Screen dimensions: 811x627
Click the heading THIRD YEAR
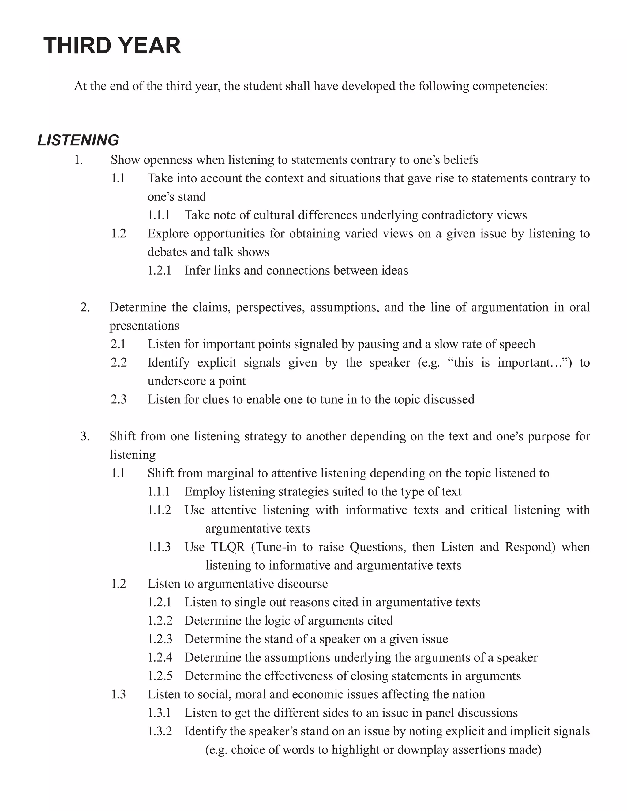[112, 46]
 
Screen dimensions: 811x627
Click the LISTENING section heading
[78, 140]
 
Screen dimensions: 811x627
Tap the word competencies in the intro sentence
[510, 86]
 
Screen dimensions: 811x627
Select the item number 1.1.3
[159, 547]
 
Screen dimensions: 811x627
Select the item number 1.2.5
[160, 676]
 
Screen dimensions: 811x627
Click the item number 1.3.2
[160, 731]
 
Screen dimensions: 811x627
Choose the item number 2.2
[118, 363]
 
